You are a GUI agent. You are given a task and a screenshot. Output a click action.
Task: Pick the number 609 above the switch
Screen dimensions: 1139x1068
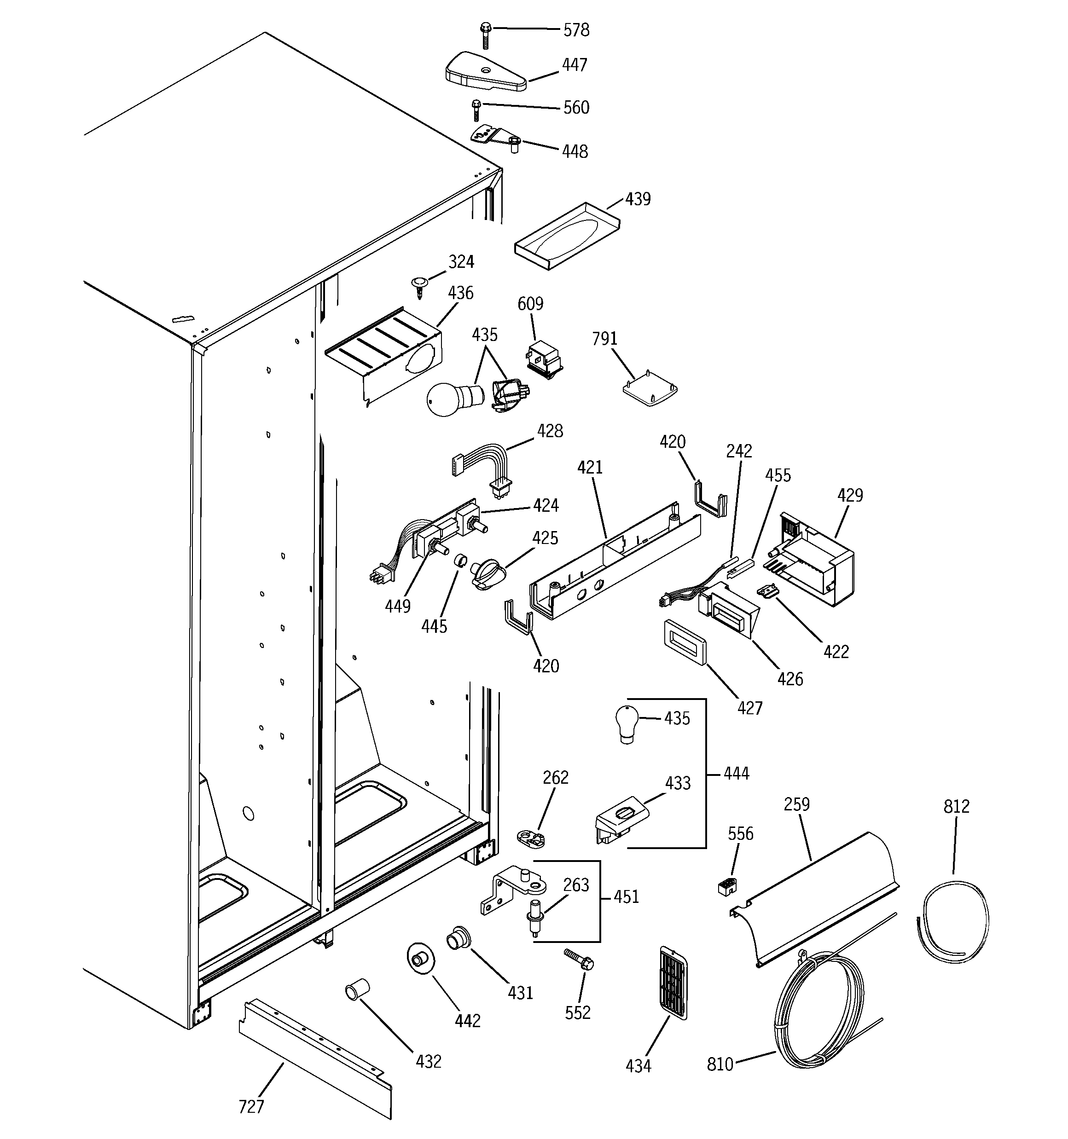(x=530, y=304)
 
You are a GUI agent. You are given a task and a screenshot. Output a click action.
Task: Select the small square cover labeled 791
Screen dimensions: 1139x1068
(x=650, y=390)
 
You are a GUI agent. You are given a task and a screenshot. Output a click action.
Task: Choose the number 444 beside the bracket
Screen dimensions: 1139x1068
(x=736, y=774)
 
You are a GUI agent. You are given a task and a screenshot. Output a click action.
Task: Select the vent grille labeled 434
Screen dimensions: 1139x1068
(x=673, y=983)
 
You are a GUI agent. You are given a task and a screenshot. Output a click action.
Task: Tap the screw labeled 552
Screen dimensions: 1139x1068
(x=579, y=959)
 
